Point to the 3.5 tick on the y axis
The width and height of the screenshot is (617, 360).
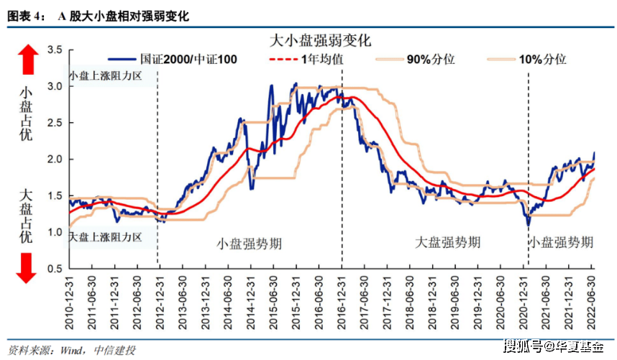(55, 50)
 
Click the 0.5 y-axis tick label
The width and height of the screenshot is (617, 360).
(55, 269)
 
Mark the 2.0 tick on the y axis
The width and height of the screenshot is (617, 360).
(55, 159)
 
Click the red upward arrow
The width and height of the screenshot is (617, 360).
(27, 60)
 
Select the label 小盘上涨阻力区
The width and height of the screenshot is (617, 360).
(106, 75)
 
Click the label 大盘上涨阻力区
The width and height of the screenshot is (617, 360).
(106, 237)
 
